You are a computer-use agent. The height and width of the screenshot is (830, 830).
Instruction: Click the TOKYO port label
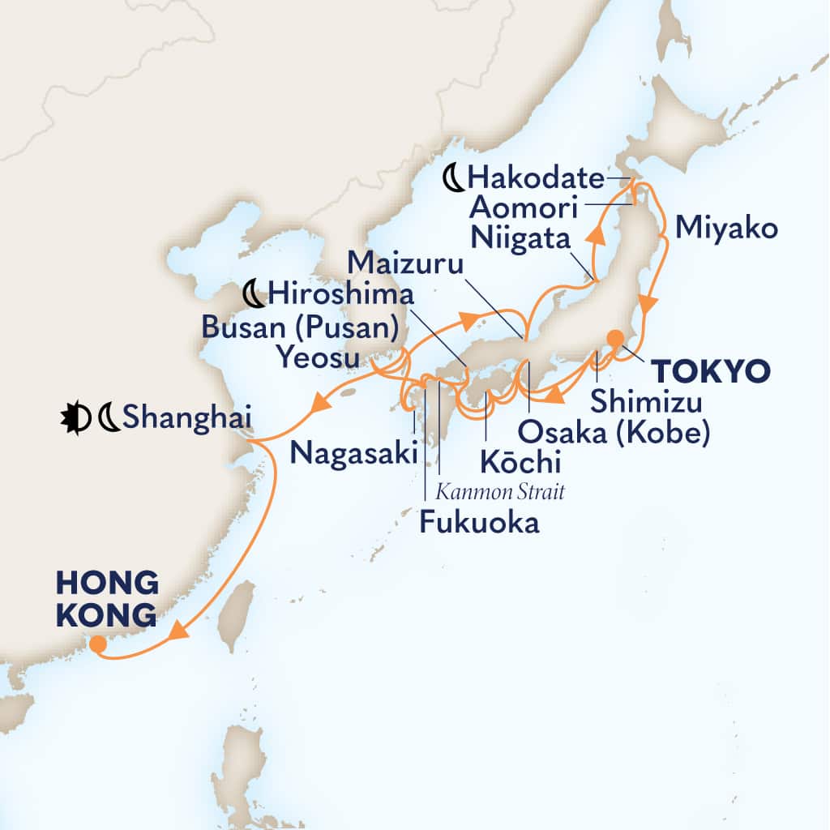coord(711,371)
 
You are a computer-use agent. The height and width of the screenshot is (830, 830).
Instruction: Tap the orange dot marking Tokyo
coord(617,339)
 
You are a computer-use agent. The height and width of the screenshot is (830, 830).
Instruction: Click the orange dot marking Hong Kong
coord(98,645)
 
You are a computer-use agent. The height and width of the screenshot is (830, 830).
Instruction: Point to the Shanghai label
coord(187,419)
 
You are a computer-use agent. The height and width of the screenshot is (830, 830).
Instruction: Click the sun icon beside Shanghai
coord(76,419)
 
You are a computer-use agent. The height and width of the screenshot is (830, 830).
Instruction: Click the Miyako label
coord(726,229)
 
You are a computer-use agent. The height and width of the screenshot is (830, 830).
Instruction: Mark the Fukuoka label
coord(479,523)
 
